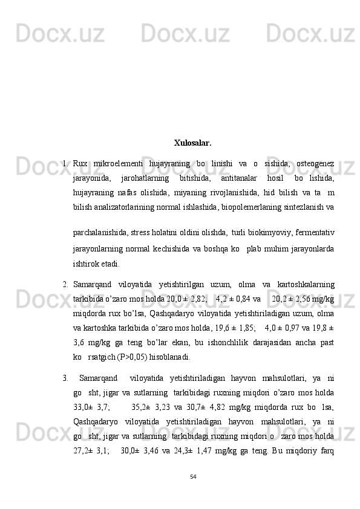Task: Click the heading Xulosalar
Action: [x=192, y=143]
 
